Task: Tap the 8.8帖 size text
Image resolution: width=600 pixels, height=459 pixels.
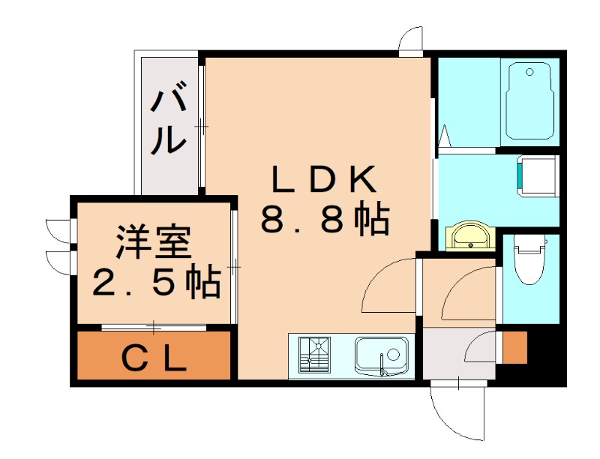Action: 324,219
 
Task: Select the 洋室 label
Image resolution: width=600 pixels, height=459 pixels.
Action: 154,241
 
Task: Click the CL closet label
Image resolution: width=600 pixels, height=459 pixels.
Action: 154,359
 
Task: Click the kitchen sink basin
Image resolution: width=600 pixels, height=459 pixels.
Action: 382,355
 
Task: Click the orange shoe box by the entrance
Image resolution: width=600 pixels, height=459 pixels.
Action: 514,346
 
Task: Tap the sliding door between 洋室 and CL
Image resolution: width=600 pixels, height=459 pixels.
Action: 154,327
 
